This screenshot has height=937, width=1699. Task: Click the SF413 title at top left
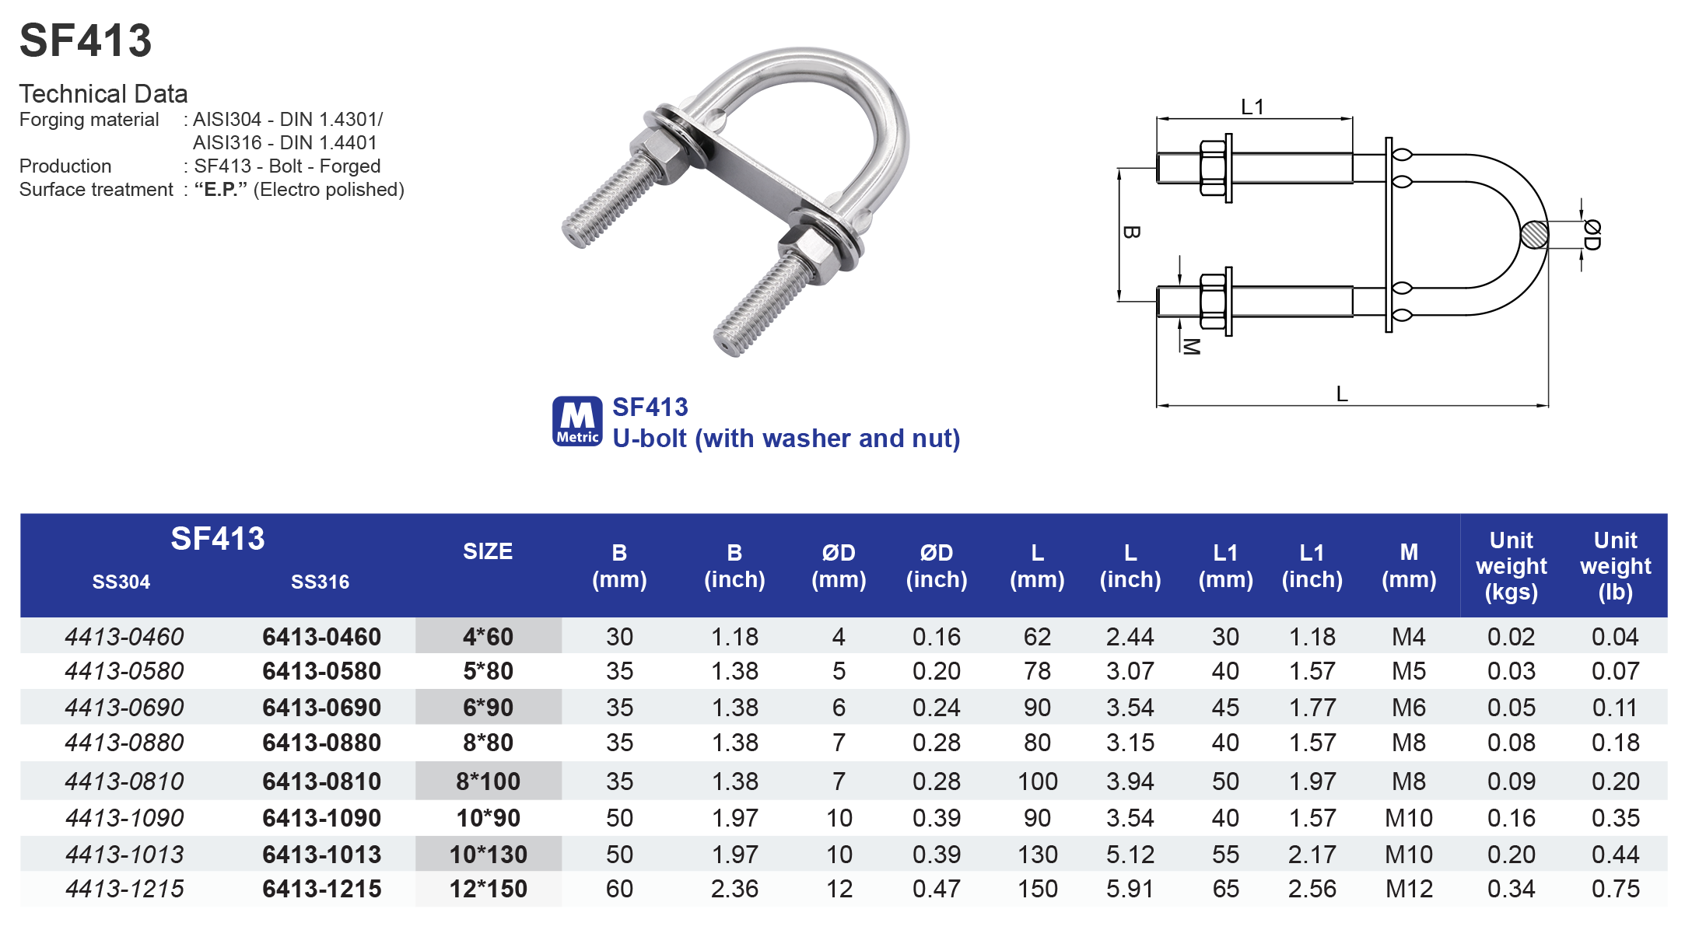(x=86, y=40)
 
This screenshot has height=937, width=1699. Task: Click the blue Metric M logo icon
(x=577, y=421)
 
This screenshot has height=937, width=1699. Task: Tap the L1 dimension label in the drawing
(x=1252, y=107)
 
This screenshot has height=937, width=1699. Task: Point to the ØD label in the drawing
(x=1592, y=235)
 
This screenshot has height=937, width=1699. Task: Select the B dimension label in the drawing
(x=1132, y=232)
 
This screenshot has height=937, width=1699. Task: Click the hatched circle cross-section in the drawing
(x=1534, y=235)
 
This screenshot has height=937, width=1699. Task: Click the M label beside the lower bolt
(x=1190, y=346)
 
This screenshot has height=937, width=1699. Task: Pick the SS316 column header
(x=320, y=582)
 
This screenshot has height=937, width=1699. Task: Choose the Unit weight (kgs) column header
(x=1511, y=566)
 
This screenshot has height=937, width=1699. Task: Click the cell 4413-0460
(x=124, y=637)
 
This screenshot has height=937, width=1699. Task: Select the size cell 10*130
(x=488, y=855)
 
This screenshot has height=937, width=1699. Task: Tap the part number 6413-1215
(x=321, y=889)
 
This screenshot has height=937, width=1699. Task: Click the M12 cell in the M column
(x=1408, y=889)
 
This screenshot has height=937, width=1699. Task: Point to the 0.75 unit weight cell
(x=1615, y=889)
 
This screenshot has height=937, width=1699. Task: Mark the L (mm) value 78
(x=1037, y=671)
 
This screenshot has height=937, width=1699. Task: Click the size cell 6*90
(x=488, y=708)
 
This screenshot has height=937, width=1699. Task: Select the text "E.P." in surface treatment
(x=221, y=190)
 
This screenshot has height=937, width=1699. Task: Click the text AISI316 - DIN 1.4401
(x=285, y=143)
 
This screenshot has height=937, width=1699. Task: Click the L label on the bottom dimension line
(x=1342, y=394)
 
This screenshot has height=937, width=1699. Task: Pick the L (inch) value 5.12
(x=1130, y=855)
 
